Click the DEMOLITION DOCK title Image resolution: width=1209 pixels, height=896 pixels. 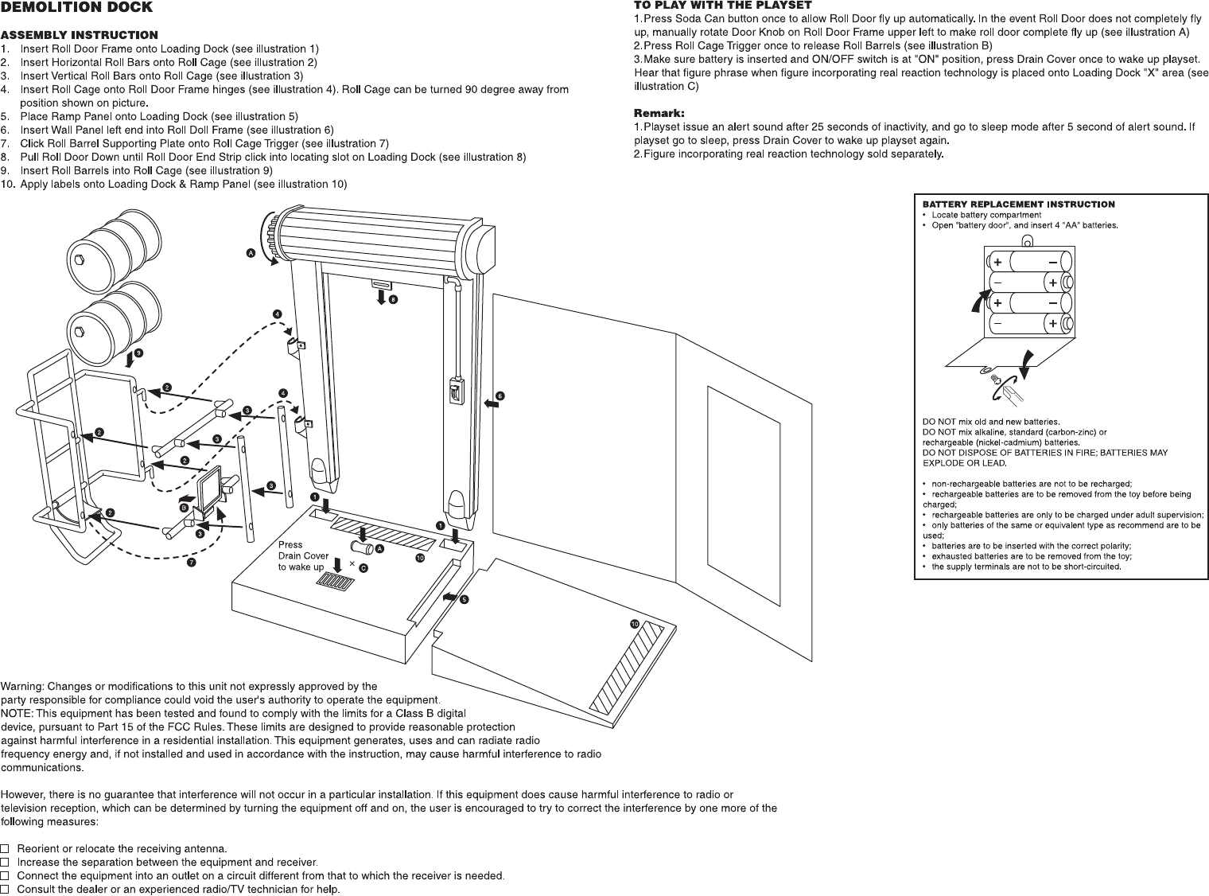[76, 8]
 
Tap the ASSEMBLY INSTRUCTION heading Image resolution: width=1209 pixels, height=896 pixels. [79, 35]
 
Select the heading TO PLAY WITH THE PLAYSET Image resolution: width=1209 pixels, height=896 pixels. [722, 6]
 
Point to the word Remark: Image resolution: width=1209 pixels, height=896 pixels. [659, 113]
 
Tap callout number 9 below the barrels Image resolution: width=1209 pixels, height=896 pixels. [139, 353]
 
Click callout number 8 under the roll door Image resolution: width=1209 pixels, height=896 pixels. [393, 300]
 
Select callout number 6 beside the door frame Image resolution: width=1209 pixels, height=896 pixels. [500, 395]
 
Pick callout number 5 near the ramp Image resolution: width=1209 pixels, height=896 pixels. [465, 598]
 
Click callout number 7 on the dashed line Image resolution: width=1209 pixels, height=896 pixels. [192, 563]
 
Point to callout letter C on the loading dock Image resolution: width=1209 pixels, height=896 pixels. [363, 568]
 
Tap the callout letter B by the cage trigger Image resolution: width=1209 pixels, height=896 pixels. [184, 507]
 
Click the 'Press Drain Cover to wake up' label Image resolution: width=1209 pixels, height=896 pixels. [302, 556]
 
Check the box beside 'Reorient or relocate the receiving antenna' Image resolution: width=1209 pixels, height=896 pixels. [6, 848]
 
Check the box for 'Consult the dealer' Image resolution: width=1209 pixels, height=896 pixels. [6, 889]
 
